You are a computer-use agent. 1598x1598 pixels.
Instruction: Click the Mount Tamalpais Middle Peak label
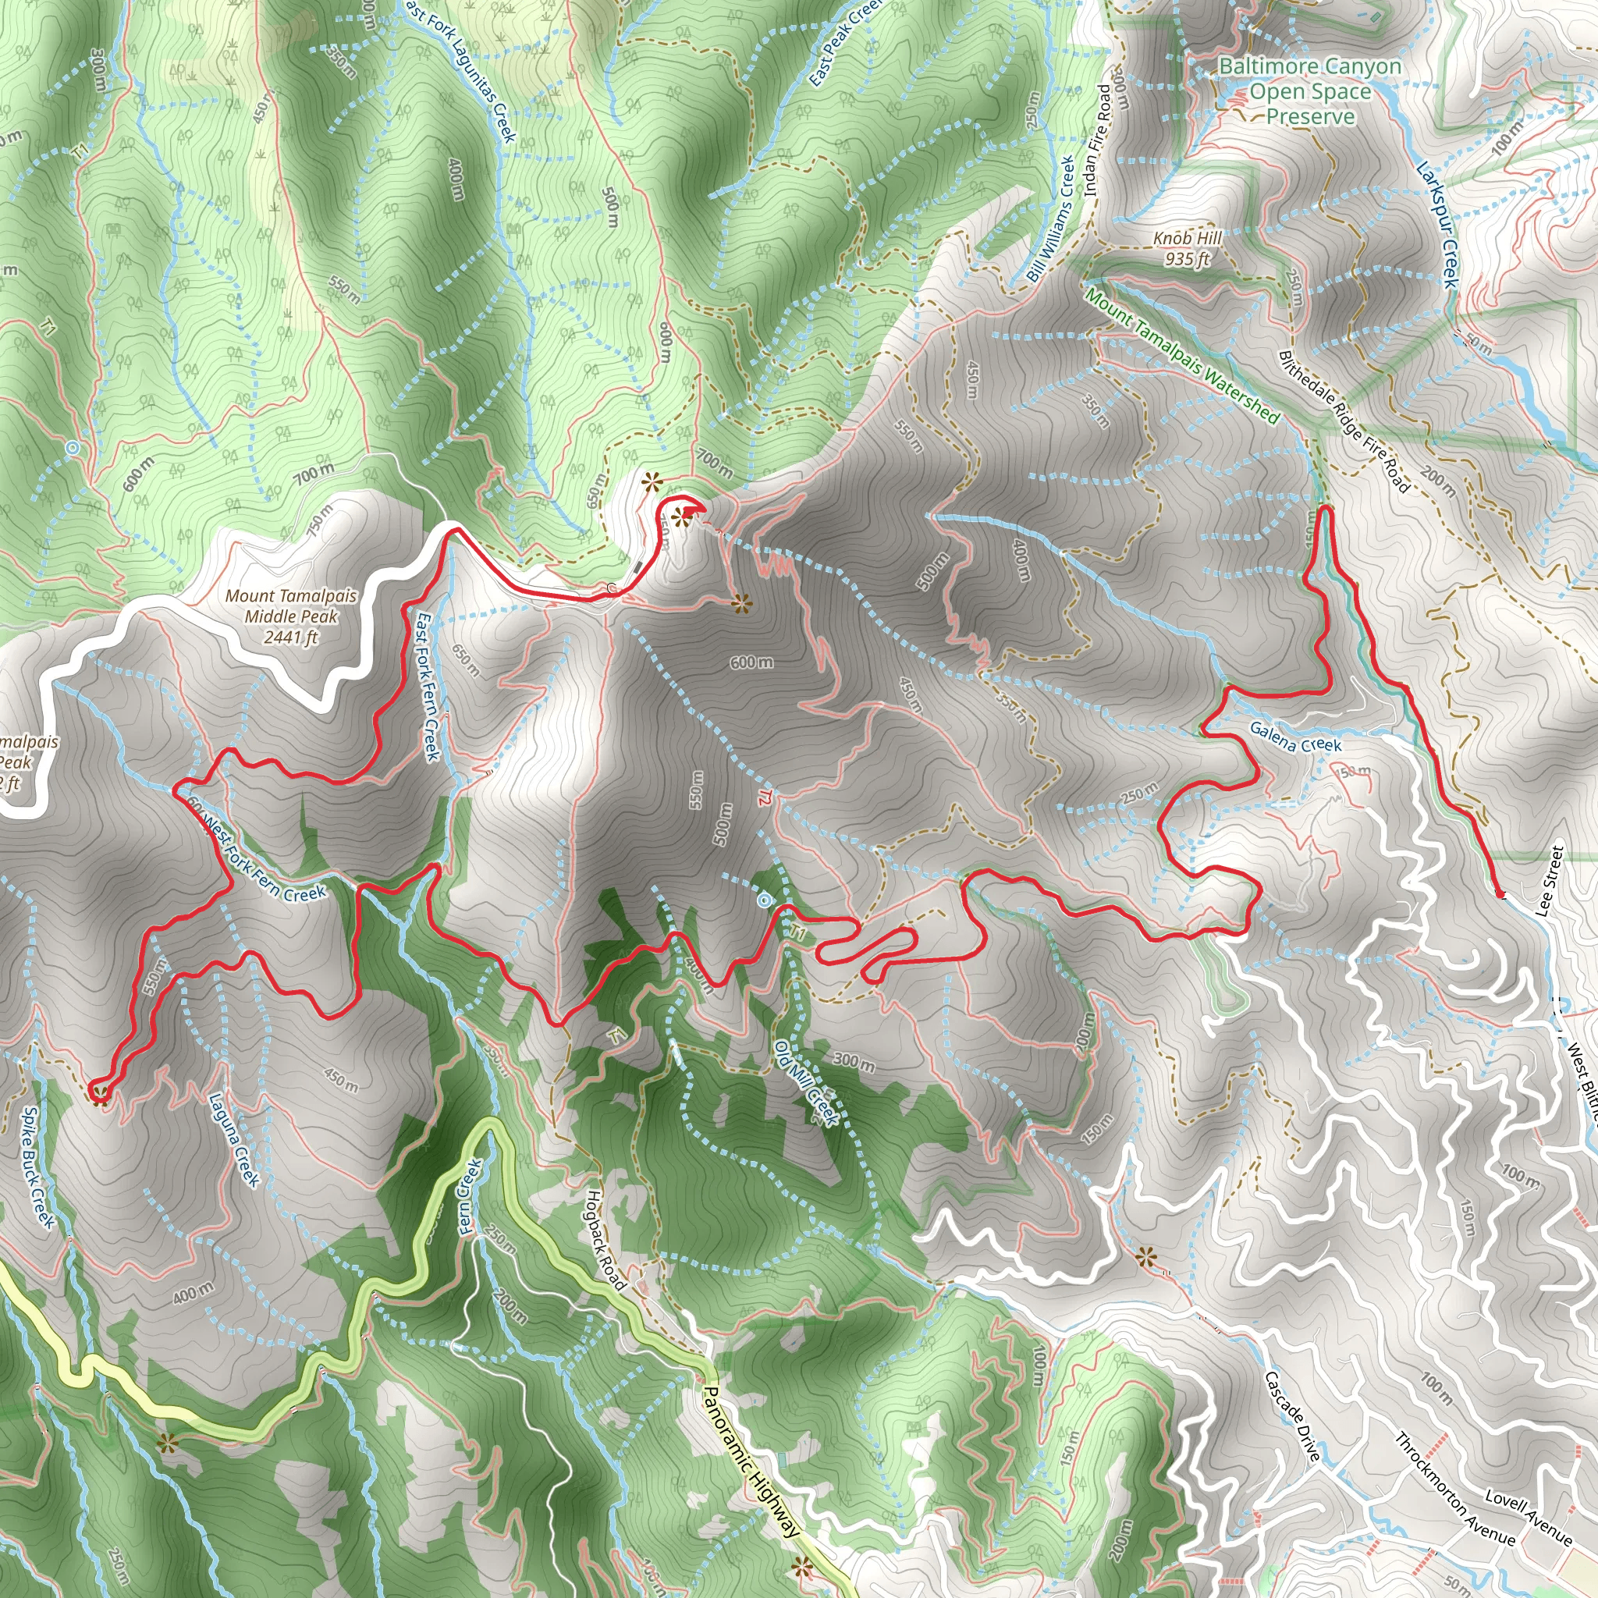291,616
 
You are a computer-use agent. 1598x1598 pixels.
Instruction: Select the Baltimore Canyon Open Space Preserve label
1310,91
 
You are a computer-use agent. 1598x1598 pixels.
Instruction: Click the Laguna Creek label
233,1140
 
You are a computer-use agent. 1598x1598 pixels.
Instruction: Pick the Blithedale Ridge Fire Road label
1344,421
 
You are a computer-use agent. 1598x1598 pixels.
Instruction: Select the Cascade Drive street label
1291,1415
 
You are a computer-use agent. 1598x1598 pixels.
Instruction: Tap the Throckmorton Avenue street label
1455,1489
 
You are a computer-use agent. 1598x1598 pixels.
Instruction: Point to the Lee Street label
1549,880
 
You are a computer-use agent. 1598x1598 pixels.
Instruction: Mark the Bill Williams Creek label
1049,219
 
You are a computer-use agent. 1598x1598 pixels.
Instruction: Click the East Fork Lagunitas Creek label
460,70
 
